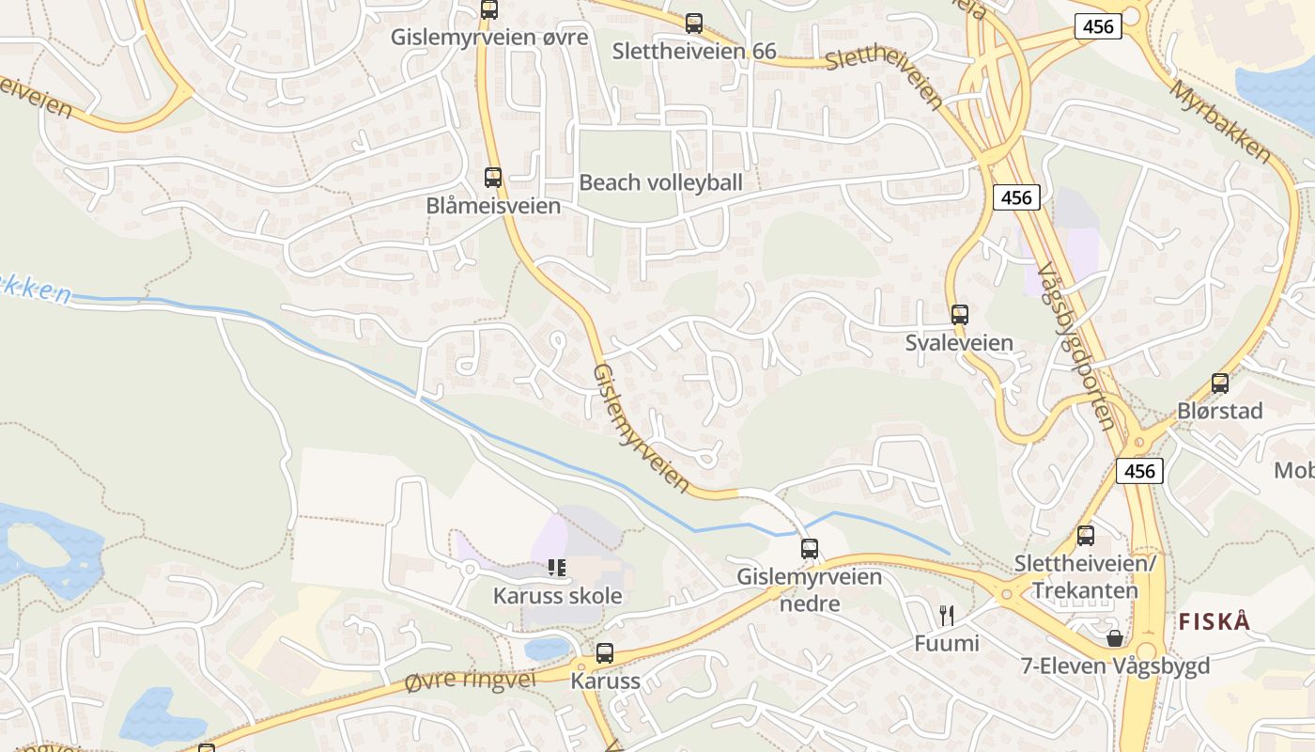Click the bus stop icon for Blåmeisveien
[493, 177]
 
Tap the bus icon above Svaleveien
[959, 315]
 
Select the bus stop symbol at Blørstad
[1219, 384]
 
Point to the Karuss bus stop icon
[605, 653]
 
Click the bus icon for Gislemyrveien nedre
[810, 548]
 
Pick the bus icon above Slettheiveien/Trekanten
[1086, 536]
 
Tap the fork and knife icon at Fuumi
[947, 616]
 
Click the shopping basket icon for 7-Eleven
[1115, 638]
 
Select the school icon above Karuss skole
[557, 567]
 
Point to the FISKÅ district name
[1214, 621]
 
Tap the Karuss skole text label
[557, 596]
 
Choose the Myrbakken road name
[1221, 120]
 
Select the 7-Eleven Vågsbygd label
[1115, 666]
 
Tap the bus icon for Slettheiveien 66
[694, 23]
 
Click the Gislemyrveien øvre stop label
[489, 38]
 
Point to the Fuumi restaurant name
[947, 644]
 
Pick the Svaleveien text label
[959, 342]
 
